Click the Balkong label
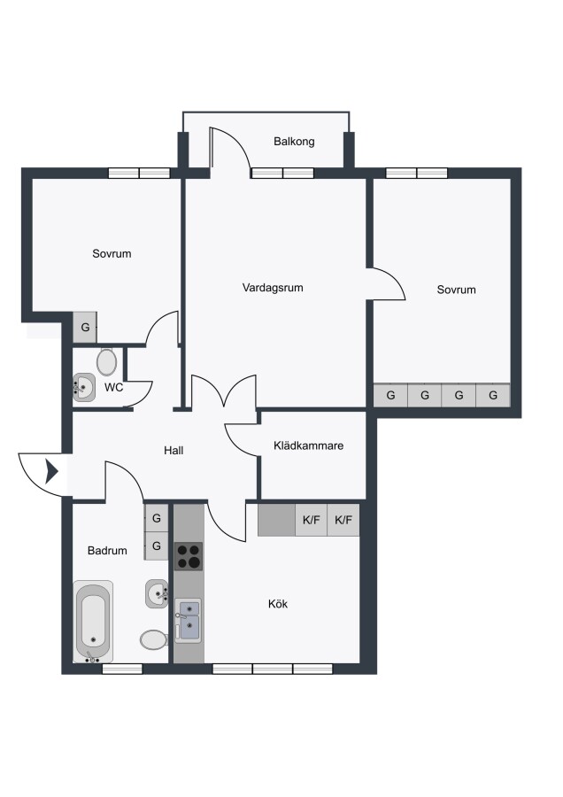(x=294, y=142)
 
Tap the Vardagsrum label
(x=273, y=288)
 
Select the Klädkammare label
(x=308, y=445)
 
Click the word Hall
(x=174, y=451)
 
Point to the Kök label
(x=278, y=604)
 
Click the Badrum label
(x=107, y=551)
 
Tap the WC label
(x=114, y=387)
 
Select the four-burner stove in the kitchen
(x=189, y=555)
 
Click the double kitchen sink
(x=188, y=621)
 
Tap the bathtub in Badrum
(x=92, y=623)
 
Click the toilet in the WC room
(x=107, y=362)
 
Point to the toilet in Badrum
(x=153, y=640)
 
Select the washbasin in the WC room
(x=84, y=388)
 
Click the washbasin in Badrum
(x=157, y=593)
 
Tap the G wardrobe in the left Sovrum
(x=85, y=328)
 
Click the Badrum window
(x=122, y=669)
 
